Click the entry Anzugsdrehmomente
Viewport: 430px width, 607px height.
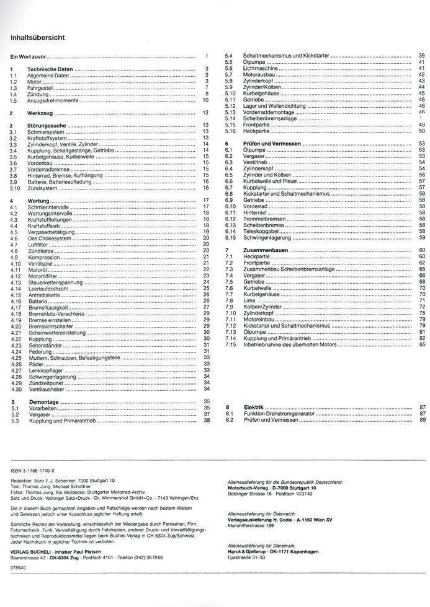(53, 99)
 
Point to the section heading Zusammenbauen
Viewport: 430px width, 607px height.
(267, 250)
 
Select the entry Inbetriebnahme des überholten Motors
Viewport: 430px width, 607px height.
(295, 344)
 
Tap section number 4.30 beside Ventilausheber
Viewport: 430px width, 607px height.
(16, 390)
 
